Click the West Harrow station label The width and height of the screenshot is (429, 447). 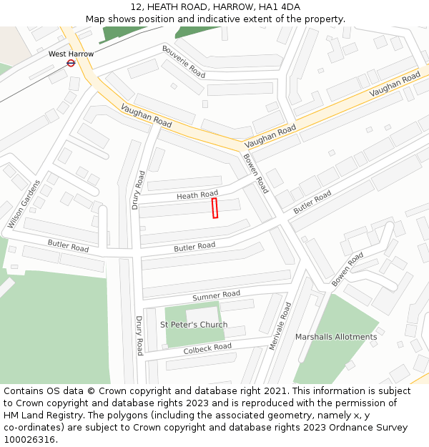pos(71,54)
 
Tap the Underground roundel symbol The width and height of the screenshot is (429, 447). pos(71,63)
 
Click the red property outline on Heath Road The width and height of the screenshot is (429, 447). pos(214,208)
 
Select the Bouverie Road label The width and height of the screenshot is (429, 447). pos(183,62)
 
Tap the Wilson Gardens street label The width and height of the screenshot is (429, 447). pos(24,204)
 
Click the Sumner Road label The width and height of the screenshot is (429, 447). pos(216,295)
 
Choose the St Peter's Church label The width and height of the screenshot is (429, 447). pos(193,325)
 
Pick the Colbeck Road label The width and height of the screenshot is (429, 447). pos(207,348)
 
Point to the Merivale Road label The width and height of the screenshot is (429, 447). pos(281,326)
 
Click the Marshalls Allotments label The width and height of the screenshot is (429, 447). pos(336,337)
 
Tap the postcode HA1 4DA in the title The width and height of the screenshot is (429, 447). pos(282,6)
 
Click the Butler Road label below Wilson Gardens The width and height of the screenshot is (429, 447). pos(68,246)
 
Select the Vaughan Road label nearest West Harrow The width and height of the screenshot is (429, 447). pos(146,117)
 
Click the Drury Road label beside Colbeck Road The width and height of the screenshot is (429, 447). pos(139,335)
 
